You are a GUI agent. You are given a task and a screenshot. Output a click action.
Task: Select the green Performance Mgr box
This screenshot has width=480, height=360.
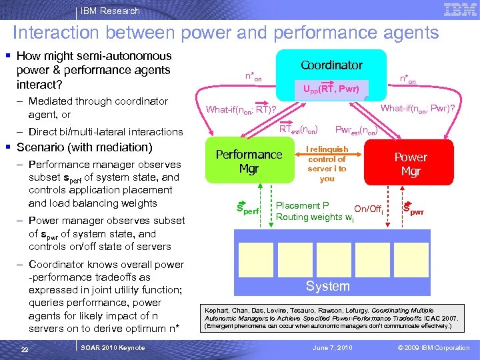[249, 161]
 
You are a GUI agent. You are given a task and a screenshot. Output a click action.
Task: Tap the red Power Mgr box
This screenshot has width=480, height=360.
[410, 164]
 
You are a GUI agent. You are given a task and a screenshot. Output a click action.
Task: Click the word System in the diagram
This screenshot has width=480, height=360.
[327, 286]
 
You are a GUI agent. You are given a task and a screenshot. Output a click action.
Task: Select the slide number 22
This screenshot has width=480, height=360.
[24, 349]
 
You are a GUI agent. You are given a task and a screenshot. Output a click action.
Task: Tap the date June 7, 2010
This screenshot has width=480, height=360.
[333, 348]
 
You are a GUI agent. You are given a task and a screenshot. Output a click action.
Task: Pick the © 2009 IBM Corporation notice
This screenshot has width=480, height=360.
[433, 348]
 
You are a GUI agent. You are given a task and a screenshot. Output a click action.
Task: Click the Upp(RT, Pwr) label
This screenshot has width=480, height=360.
[331, 89]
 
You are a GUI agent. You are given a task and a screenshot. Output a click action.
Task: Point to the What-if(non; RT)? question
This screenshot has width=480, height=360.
[241, 110]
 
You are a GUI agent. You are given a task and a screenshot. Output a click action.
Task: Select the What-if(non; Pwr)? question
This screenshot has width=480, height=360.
[417, 108]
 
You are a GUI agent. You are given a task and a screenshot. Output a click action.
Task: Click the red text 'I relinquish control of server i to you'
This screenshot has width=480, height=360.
[327, 164]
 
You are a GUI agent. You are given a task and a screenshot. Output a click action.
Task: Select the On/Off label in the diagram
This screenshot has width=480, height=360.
[368, 210]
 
